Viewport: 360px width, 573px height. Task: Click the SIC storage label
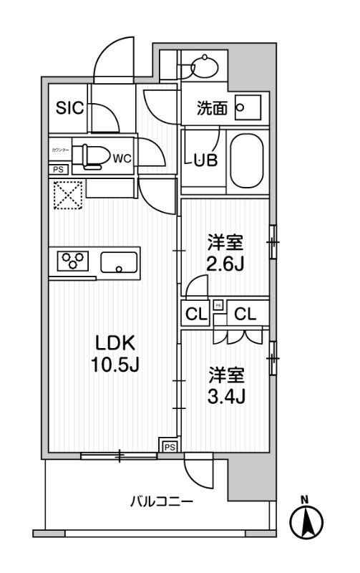pyautogui.click(x=70, y=108)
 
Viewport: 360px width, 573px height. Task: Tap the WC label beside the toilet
pyautogui.click(x=122, y=158)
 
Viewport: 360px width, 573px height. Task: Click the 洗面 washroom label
pyautogui.click(x=213, y=108)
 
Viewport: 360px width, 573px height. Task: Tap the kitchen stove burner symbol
pyautogui.click(x=72, y=259)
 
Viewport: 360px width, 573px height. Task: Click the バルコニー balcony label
pyautogui.click(x=161, y=502)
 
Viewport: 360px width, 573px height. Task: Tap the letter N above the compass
pyautogui.click(x=304, y=499)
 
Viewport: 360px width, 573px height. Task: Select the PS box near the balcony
pyautogui.click(x=170, y=446)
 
